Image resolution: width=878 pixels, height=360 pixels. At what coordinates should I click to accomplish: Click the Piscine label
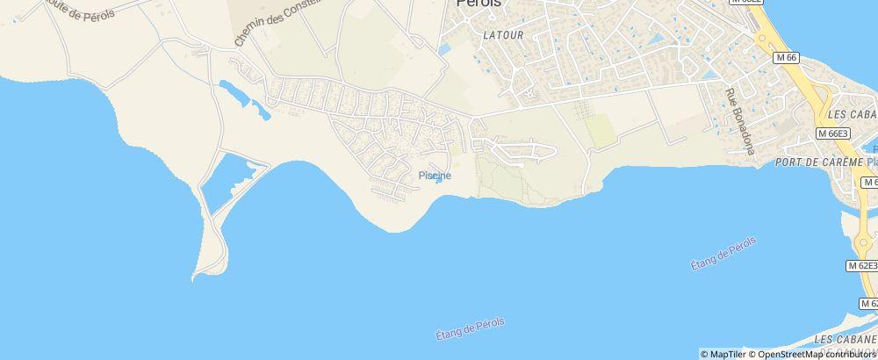[435, 176]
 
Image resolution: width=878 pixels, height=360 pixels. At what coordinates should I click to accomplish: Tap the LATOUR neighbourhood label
[502, 35]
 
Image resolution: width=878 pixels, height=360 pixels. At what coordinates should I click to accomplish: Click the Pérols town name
[479, 4]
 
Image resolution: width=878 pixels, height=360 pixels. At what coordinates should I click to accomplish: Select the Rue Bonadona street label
[738, 121]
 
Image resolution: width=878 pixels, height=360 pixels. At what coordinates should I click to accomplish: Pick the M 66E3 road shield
[832, 133]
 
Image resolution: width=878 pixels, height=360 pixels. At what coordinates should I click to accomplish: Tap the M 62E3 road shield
[863, 265]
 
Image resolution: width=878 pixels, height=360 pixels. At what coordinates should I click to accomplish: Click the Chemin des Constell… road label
[274, 22]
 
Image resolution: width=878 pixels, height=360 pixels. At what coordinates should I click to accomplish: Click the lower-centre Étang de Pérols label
[470, 328]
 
